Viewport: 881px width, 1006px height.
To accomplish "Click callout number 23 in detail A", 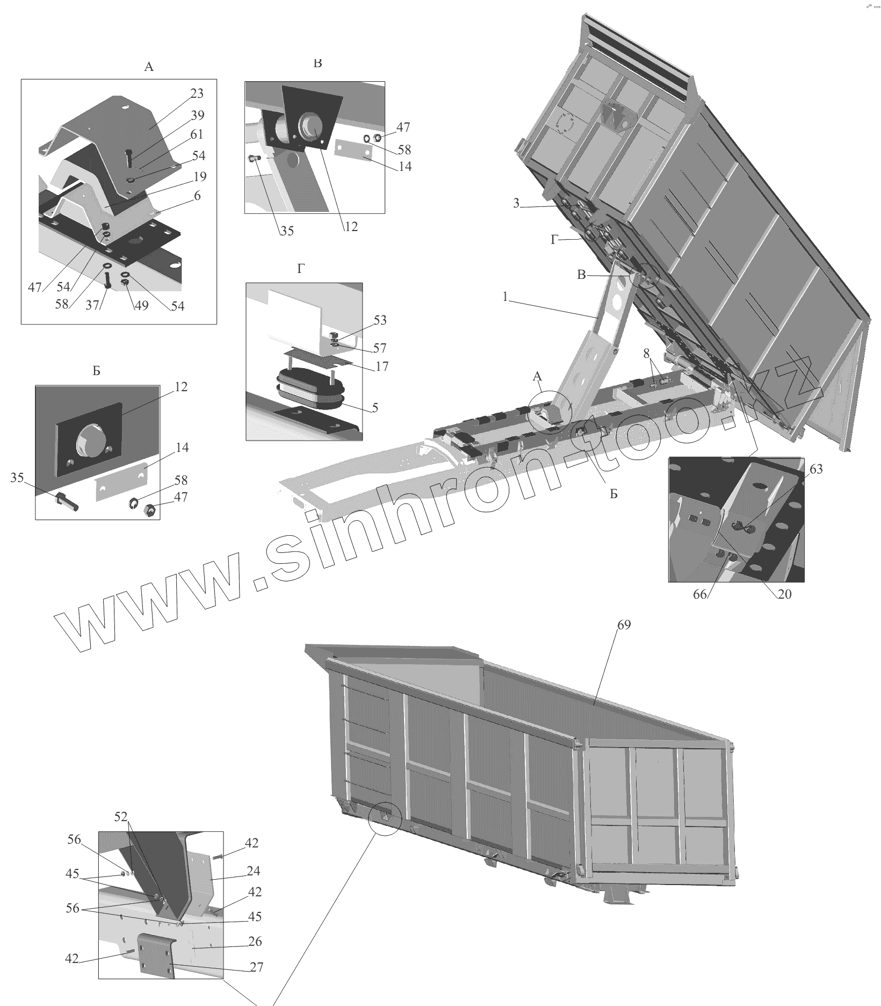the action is click(197, 94).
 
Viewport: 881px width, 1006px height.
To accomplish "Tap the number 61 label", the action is click(197, 134).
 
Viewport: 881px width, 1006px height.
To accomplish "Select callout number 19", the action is click(200, 176).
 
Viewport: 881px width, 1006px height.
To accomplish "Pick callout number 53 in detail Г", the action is click(380, 320).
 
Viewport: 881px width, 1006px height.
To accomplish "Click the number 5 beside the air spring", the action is click(375, 408).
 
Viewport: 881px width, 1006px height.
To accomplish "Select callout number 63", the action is click(815, 470).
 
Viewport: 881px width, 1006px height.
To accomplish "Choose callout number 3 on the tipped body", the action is click(516, 204).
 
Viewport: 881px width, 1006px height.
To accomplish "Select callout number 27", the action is click(257, 967).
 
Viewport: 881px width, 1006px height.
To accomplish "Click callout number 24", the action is click(254, 871).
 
